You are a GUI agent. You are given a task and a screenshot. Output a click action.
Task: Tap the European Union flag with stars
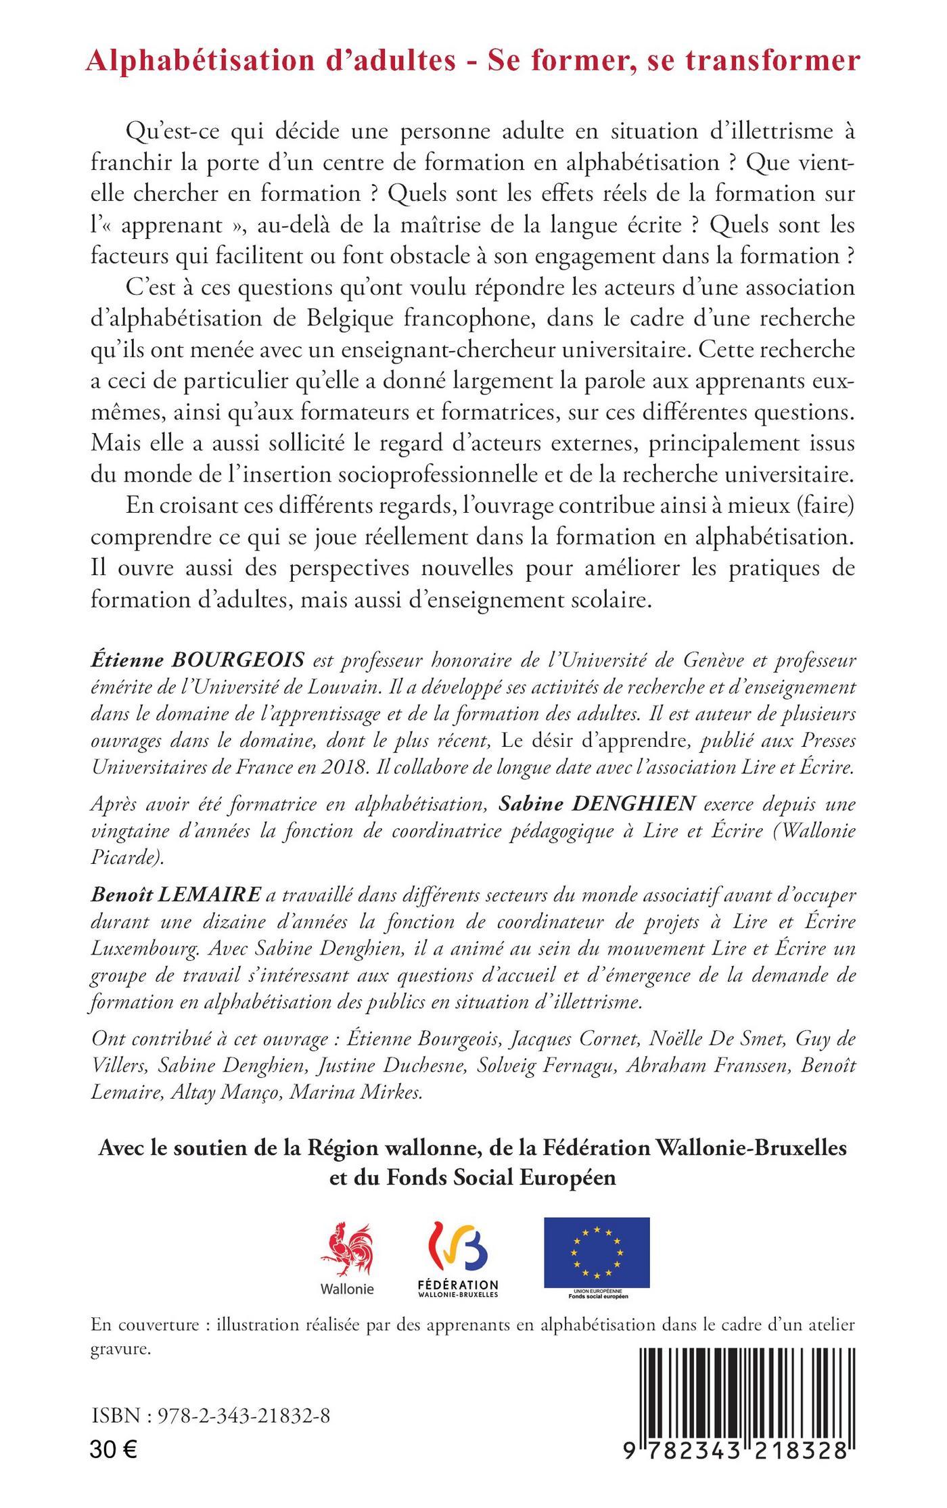pos(597,1252)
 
